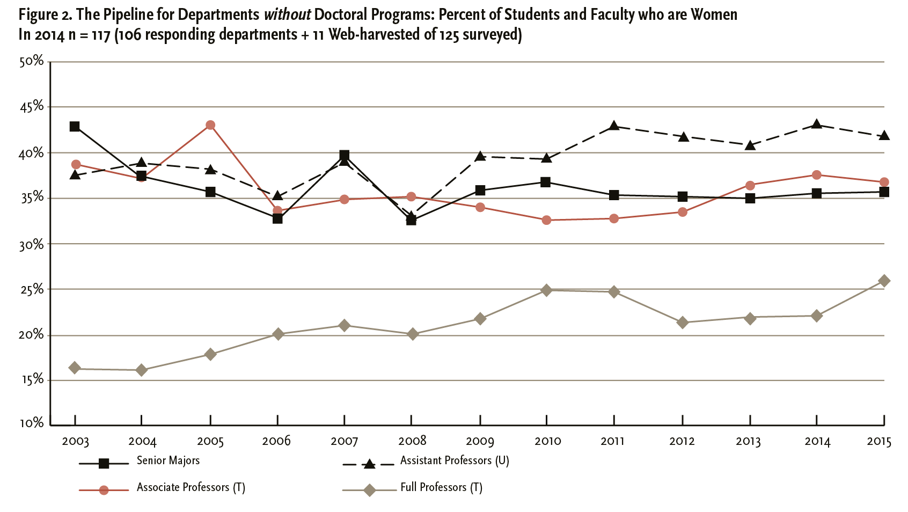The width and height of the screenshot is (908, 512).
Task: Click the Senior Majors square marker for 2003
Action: pos(75,127)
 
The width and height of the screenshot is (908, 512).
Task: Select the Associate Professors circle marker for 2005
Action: pos(210,125)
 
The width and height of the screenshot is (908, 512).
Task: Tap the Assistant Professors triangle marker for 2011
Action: pos(614,126)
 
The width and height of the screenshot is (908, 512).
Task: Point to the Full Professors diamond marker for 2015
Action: pos(884,281)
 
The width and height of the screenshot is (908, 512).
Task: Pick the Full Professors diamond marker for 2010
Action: pos(546,290)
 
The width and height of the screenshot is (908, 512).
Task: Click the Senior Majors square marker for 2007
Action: pos(345,156)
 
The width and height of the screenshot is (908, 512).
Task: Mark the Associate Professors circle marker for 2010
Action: pos(546,220)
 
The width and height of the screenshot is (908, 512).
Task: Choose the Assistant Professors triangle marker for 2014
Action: pos(816,124)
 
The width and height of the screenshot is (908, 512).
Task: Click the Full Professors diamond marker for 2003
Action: pos(75,368)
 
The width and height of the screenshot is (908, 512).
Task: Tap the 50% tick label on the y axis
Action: pos(32,61)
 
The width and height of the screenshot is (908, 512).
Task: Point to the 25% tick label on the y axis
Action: pos(32,289)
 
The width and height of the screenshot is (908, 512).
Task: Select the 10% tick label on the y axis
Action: pos(32,423)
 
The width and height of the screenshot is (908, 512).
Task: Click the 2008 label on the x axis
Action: pos(412,441)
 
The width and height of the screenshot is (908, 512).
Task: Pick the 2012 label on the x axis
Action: pos(682,441)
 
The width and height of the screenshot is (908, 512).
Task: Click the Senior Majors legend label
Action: pos(168,460)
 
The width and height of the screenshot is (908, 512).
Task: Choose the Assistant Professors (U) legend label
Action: pos(455,460)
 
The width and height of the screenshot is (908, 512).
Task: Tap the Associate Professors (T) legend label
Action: pos(191,487)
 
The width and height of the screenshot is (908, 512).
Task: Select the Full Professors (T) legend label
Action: pos(441,487)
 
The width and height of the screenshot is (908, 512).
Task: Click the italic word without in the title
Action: pos(287,14)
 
